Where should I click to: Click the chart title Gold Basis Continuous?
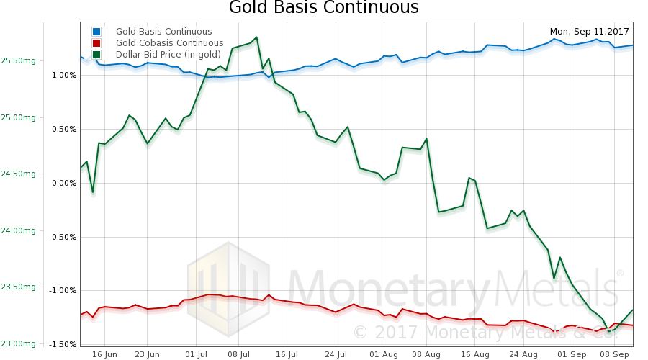pos(323,9)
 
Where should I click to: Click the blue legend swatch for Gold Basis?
pos(96,32)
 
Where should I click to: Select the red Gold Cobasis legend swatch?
pos(96,43)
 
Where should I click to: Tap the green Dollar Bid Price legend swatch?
pos(96,55)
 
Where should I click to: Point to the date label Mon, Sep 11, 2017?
pos(589,32)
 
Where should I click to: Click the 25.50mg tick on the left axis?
pos(19,61)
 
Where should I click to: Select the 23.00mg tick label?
pos(19,343)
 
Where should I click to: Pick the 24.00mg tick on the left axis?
pos(19,230)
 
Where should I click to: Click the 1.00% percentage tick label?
pos(63,75)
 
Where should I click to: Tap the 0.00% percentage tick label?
pos(63,183)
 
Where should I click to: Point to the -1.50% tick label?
pos(62,344)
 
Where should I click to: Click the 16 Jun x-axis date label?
pos(104,354)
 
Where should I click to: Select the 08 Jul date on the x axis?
pos(238,354)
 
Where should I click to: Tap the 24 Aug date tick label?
pos(523,354)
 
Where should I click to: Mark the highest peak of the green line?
pos(256,37)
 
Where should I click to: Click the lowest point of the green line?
pos(609,331)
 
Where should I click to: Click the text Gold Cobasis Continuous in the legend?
pos(169,43)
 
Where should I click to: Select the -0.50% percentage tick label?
pos(62,237)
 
